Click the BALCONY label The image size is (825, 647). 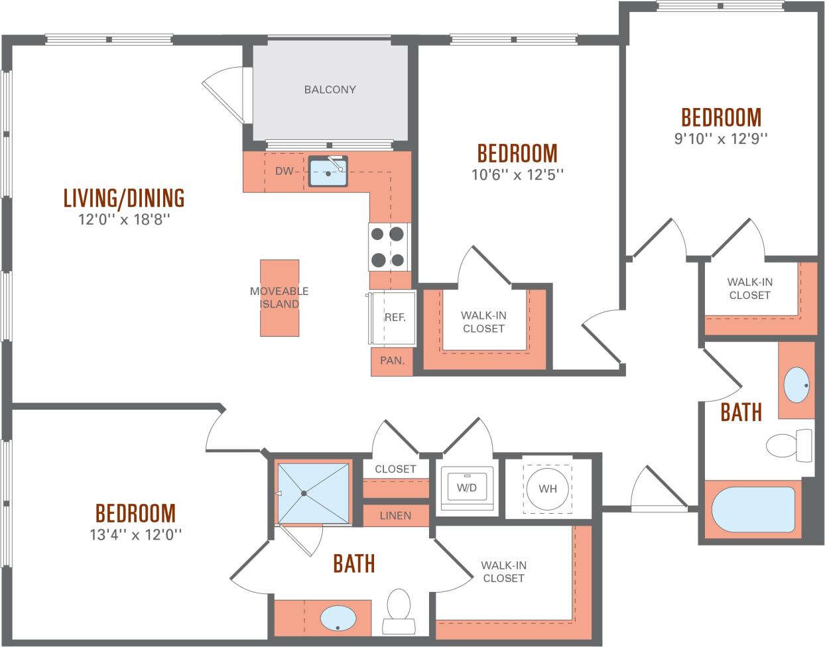tap(330, 89)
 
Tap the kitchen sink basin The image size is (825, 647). tap(328, 174)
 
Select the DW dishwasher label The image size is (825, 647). tap(284, 172)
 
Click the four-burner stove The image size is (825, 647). tap(387, 246)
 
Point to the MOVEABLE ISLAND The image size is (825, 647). tap(279, 298)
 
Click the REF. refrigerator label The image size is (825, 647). tap(395, 318)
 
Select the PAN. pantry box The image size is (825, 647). tap(391, 361)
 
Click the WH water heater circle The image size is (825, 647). tap(547, 489)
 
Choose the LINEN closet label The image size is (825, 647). tap(395, 516)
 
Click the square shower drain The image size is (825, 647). tap(304, 493)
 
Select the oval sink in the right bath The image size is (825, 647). tap(796, 384)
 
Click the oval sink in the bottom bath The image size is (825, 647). tap(340, 618)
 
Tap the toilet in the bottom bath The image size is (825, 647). tap(398, 609)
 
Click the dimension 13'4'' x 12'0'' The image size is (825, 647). tap(135, 534)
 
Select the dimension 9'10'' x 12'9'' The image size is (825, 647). tap(721, 139)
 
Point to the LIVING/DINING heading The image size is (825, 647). tap(124, 198)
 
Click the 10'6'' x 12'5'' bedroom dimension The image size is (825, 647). tap(517, 174)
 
